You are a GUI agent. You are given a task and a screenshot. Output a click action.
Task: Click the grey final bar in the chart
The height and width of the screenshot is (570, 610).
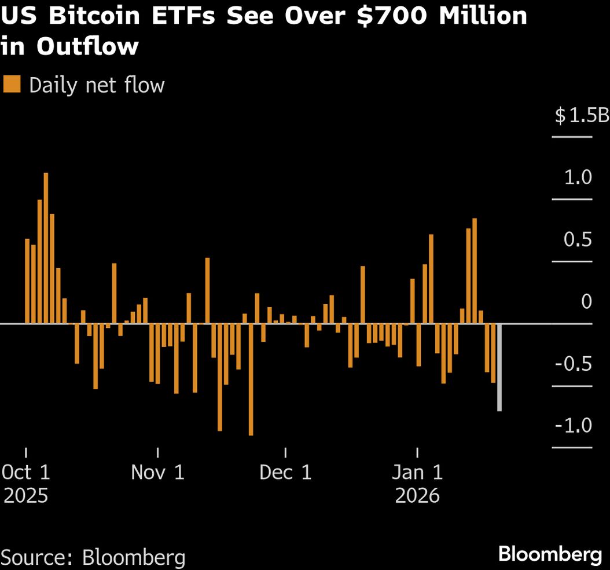click(x=499, y=367)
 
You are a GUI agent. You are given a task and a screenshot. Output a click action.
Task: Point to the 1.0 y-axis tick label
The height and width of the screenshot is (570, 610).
click(x=578, y=177)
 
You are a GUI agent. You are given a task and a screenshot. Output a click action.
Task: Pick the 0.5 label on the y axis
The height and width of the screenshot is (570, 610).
click(x=578, y=239)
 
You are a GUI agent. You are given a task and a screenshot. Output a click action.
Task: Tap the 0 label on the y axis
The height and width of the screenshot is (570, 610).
click(x=586, y=301)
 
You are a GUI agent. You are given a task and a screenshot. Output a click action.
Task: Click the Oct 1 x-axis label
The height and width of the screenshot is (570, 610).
click(x=26, y=472)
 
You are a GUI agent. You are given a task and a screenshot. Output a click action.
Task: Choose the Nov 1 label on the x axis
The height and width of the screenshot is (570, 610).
click(x=157, y=472)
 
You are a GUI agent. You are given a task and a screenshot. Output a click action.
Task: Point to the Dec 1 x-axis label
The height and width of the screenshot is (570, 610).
click(x=285, y=472)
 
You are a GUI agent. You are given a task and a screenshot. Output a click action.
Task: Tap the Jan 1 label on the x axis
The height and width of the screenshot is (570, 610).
click(x=417, y=472)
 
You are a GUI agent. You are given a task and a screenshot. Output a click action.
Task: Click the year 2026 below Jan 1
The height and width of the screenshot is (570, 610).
click(x=417, y=496)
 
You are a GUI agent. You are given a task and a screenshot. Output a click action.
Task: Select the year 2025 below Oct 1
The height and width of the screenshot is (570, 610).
click(x=26, y=496)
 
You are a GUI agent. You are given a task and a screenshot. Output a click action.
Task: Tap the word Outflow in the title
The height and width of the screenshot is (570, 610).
click(x=87, y=46)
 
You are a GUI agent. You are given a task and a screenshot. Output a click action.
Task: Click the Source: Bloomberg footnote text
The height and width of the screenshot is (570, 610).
click(x=94, y=557)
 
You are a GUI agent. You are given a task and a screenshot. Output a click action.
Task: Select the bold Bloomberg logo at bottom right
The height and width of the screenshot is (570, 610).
click(x=550, y=554)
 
